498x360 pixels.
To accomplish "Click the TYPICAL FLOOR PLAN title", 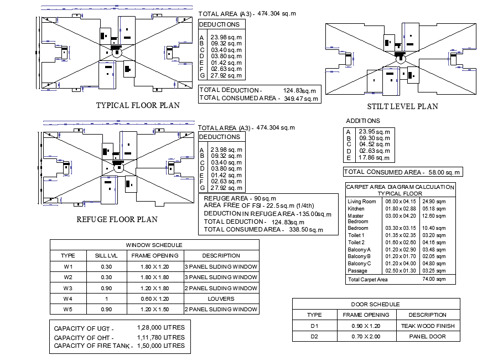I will pyautogui.click(x=138, y=105).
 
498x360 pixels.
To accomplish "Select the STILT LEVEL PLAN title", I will pyautogui.click(x=402, y=107).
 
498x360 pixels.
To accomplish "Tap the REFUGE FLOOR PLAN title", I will pyautogui.click(x=117, y=219).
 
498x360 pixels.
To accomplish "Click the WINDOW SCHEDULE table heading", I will pyautogui.click(x=154, y=245).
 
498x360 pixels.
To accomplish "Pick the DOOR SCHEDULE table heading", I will pyautogui.click(x=376, y=304).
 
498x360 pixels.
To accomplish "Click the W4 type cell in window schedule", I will pyautogui.click(x=68, y=299).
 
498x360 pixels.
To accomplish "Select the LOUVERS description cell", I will pyautogui.click(x=221, y=299).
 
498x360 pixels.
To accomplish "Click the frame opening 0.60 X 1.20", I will pyautogui.click(x=154, y=299).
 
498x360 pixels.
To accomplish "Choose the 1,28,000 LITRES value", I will pyautogui.click(x=160, y=327).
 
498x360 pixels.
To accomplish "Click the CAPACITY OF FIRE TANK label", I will pyautogui.click(x=93, y=346).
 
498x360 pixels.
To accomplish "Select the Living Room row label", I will pyautogui.click(x=361, y=202).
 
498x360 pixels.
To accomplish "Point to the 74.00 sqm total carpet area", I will pyautogui.click(x=434, y=280).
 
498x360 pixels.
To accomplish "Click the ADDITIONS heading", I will pyautogui.click(x=363, y=121).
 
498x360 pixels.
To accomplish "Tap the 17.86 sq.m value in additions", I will pyautogui.click(x=375, y=157).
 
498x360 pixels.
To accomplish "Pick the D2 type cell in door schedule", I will pyautogui.click(x=314, y=336).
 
